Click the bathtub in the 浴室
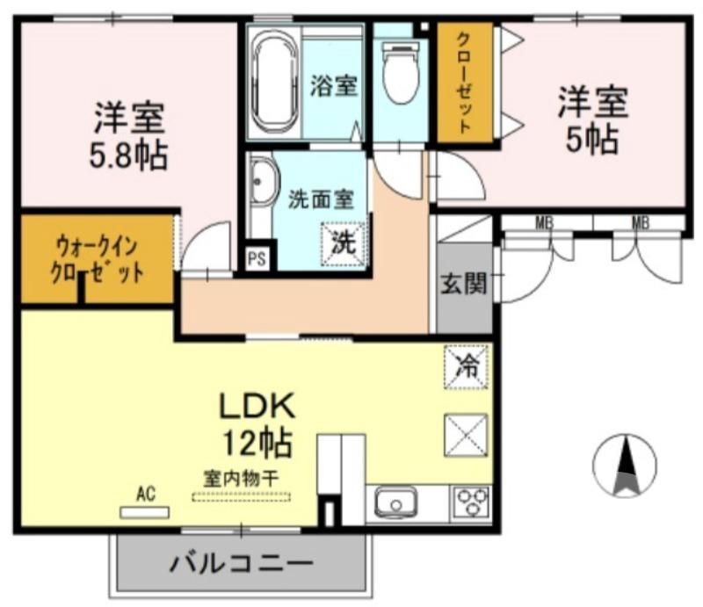pyautogui.click(x=275, y=82)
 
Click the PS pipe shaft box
pyautogui.click(x=257, y=258)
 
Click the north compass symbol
pyautogui.click(x=626, y=465)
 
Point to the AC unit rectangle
pyautogui.click(x=144, y=511)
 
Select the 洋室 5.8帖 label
pyautogui.click(x=130, y=136)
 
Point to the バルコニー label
pyautogui.click(x=240, y=562)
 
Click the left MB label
pyautogui.click(x=545, y=223)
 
